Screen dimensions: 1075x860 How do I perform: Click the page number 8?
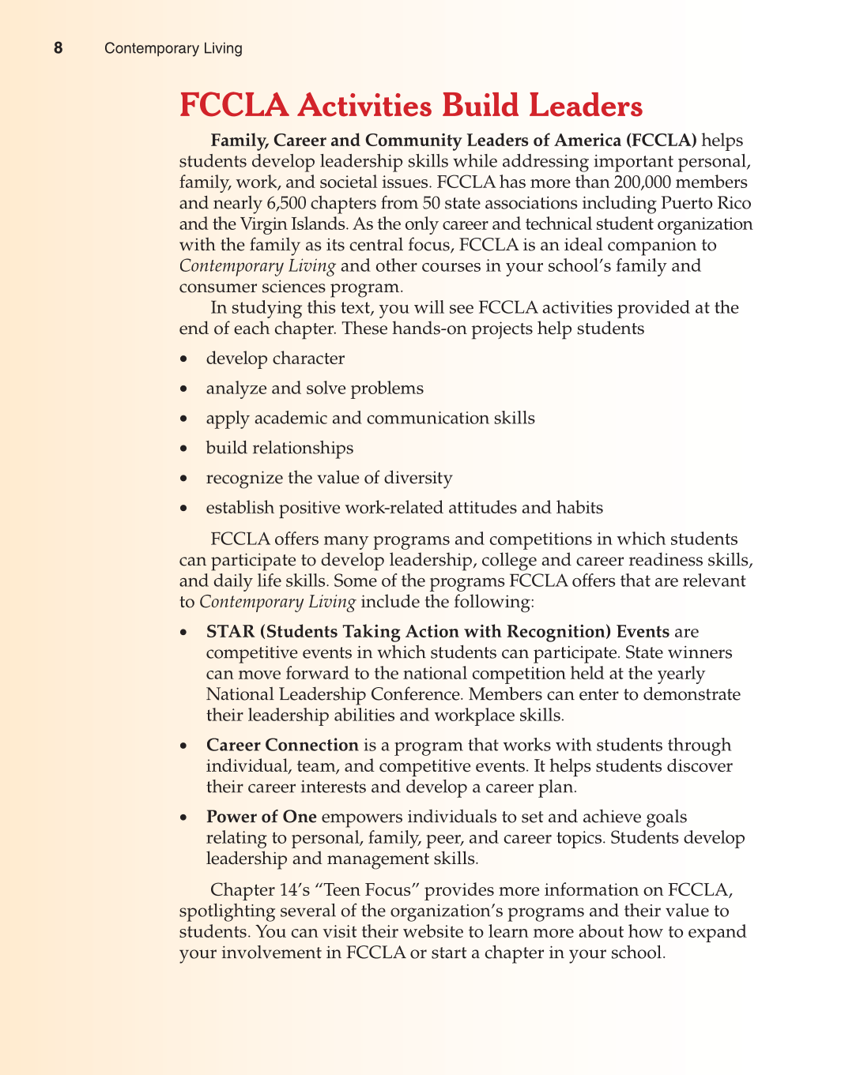(58, 48)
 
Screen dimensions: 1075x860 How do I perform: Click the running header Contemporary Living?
(173, 48)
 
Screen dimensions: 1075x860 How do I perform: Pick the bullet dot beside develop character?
(184, 359)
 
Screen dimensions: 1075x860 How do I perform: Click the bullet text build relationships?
(280, 449)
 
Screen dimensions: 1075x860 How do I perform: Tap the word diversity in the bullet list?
(415, 479)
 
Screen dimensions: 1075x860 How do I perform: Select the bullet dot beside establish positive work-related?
(184, 509)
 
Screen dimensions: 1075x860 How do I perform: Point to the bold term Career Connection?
(282, 746)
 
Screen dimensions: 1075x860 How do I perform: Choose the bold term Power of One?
(261, 818)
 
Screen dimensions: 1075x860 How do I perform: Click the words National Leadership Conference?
(334, 695)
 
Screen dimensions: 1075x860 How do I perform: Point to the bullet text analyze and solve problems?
(315, 389)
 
